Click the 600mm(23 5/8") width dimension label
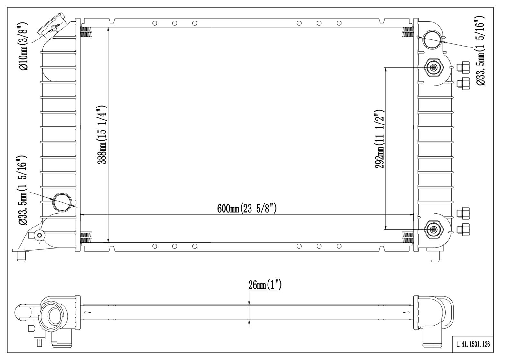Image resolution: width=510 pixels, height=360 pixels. point(247,208)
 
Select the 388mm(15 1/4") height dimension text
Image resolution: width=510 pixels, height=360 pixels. point(102,135)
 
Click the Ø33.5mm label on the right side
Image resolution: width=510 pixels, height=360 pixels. point(480,51)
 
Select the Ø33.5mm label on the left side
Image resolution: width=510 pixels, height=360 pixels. point(22,190)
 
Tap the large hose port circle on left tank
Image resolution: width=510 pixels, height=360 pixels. point(62,202)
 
